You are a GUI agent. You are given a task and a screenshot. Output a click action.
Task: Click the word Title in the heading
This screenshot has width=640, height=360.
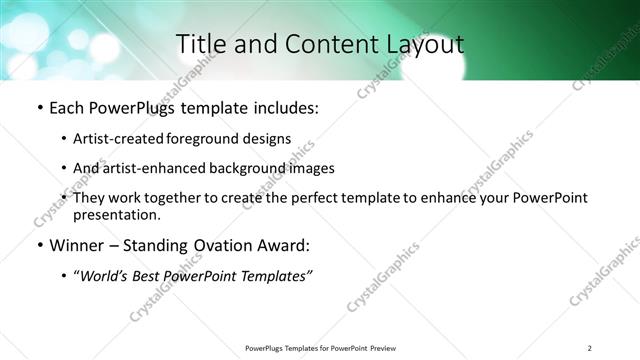(x=202, y=45)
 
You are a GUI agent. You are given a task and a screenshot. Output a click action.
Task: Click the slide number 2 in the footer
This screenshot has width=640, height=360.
(x=589, y=348)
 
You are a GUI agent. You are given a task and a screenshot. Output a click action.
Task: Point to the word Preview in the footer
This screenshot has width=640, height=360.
(x=391, y=348)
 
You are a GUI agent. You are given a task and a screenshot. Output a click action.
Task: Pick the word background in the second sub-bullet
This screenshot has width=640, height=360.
(x=267, y=168)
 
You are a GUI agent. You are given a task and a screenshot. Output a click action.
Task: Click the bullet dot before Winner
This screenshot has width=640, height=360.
(x=38, y=246)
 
